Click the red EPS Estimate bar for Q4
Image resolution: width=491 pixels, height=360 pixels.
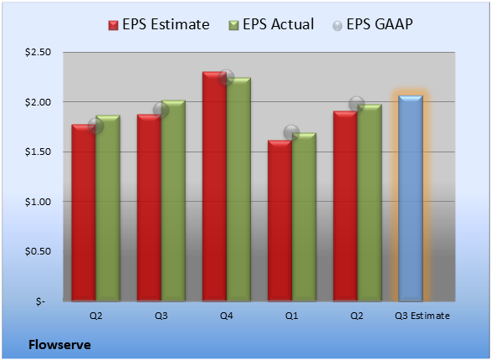(214, 187)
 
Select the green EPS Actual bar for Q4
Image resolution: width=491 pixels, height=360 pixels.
(238, 189)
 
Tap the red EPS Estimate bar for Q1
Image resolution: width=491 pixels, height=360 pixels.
(280, 221)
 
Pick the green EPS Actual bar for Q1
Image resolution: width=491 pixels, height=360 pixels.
(304, 217)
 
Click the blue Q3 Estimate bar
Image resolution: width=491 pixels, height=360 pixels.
(411, 198)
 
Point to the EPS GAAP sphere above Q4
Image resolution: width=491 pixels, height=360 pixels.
(226, 77)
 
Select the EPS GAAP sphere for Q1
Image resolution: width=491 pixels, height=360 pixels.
(291, 132)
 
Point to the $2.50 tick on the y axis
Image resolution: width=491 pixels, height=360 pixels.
(38, 52)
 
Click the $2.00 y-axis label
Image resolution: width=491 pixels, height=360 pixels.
(38, 102)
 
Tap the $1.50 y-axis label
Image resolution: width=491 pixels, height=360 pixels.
(38, 152)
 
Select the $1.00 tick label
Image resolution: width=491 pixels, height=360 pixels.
(38, 202)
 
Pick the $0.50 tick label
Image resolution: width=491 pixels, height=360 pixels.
(38, 251)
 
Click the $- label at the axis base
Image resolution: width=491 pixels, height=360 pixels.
(40, 301)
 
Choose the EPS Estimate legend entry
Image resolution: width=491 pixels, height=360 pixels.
(159, 24)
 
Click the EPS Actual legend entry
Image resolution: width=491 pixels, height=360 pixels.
(271, 24)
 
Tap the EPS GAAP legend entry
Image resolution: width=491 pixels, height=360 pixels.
(372, 24)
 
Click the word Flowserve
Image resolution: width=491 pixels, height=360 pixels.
(59, 345)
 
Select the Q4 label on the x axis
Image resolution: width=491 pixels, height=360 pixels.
(227, 316)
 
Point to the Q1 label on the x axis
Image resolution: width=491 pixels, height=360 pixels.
(292, 316)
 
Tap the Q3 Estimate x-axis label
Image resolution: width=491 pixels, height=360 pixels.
(422, 316)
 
